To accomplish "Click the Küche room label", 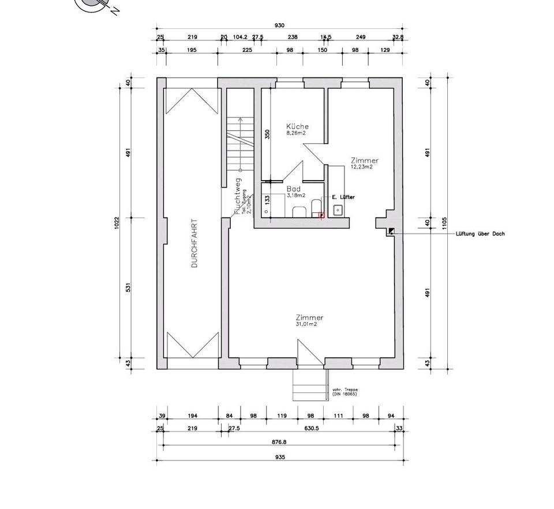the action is [x=298, y=126].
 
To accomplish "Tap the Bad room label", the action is [x=293, y=189].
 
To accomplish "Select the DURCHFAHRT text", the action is [x=194, y=243].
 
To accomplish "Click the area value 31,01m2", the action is [x=306, y=324].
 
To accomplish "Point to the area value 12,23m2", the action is [x=361, y=167].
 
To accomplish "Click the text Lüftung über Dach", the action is [x=480, y=234].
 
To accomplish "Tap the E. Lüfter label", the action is [x=343, y=197].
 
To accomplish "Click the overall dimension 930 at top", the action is [x=280, y=25].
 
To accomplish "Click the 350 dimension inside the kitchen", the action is [x=267, y=134].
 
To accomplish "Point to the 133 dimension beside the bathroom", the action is [x=267, y=199].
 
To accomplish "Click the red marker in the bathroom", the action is [x=322, y=215].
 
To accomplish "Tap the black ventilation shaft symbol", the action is [x=391, y=231].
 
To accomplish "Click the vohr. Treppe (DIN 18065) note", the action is [x=345, y=392].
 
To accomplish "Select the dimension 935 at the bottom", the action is [x=279, y=456].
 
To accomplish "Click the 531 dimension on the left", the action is [x=129, y=287].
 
